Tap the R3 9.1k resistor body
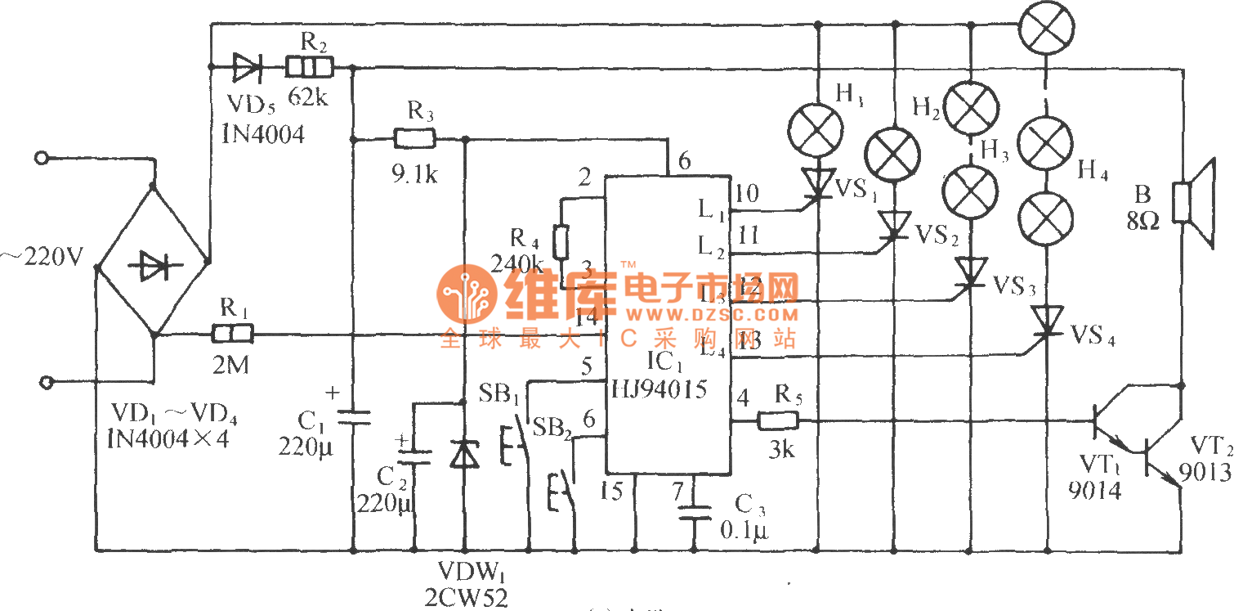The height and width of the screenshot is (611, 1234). (414, 139)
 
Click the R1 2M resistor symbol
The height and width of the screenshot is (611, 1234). (232, 334)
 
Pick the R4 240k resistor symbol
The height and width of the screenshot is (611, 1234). (561, 243)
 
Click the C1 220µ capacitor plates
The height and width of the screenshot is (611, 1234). (353, 417)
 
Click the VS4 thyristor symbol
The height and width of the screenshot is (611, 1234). (1048, 321)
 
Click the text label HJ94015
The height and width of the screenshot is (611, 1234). (659, 389)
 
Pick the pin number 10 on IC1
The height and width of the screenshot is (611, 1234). (746, 194)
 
